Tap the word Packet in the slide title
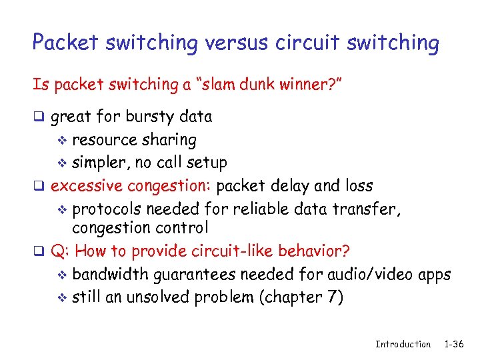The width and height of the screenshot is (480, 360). click(x=65, y=43)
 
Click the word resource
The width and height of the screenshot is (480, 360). click(x=102, y=140)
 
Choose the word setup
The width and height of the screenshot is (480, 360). click(x=207, y=163)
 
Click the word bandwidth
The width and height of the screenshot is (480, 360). click(x=109, y=274)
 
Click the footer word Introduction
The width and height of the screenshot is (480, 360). click(x=403, y=344)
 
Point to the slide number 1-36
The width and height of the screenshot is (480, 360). click(x=453, y=344)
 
